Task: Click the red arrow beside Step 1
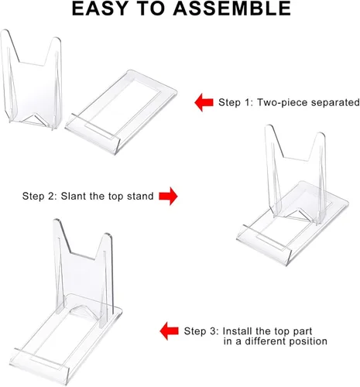[x=204, y=102]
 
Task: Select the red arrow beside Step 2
[x=168, y=196]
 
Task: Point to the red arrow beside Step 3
[x=169, y=331]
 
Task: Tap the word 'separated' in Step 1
[x=334, y=102]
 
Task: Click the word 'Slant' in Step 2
[x=73, y=196]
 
